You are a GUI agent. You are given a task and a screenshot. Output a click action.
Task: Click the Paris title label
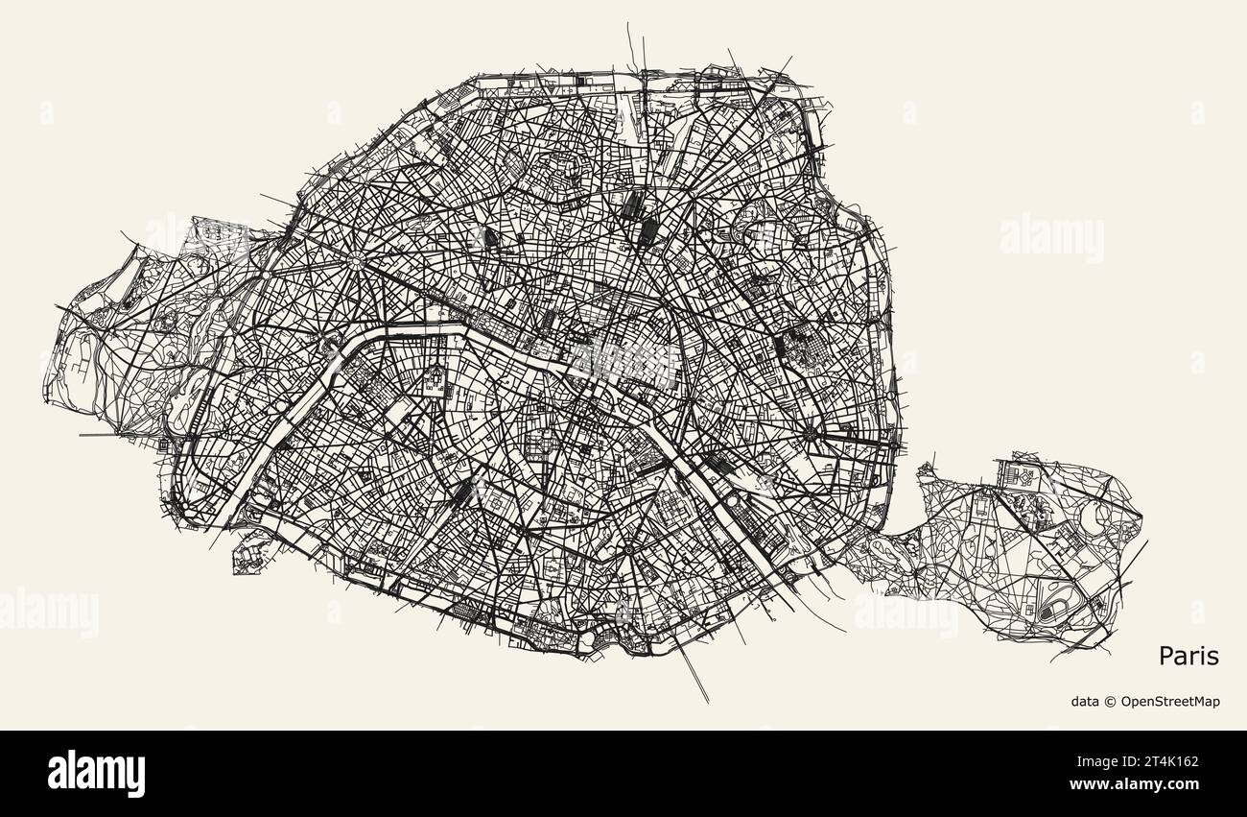(1188, 657)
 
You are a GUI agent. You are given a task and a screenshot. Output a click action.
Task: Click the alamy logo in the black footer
(96, 773)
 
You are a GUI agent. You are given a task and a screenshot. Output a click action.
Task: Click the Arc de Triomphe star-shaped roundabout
(357, 259)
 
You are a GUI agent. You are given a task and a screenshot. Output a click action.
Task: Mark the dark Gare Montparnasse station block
(463, 493)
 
